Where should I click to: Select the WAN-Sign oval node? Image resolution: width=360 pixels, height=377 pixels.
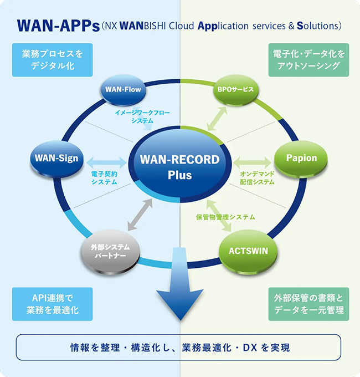coord(57,159)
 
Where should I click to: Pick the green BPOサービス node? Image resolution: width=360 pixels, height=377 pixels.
coord(235,89)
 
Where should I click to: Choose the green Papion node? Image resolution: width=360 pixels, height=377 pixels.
coord(301,158)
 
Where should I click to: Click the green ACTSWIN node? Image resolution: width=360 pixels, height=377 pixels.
coord(248,251)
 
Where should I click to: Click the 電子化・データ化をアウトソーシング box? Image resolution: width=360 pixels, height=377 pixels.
coord(309,60)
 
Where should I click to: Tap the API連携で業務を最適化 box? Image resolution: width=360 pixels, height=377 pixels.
coord(52,303)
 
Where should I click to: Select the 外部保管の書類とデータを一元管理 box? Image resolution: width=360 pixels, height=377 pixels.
coord(309,303)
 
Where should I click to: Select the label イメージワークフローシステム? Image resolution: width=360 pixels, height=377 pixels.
coord(142,116)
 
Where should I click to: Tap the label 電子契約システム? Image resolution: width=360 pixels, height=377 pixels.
coord(104,178)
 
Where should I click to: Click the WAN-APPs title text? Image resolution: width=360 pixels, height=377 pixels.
coord(58,26)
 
